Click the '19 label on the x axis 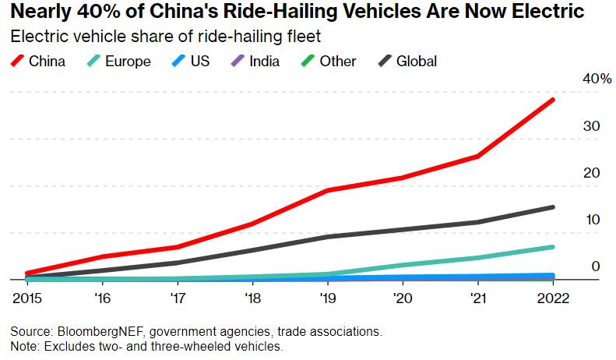[329, 297]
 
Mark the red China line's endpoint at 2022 [552, 100]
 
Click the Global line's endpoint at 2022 [552, 207]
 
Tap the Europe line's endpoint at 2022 [552, 247]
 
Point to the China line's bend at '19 [329, 190]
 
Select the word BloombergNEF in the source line [90, 331]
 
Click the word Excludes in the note [65, 346]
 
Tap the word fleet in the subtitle [287, 36]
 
